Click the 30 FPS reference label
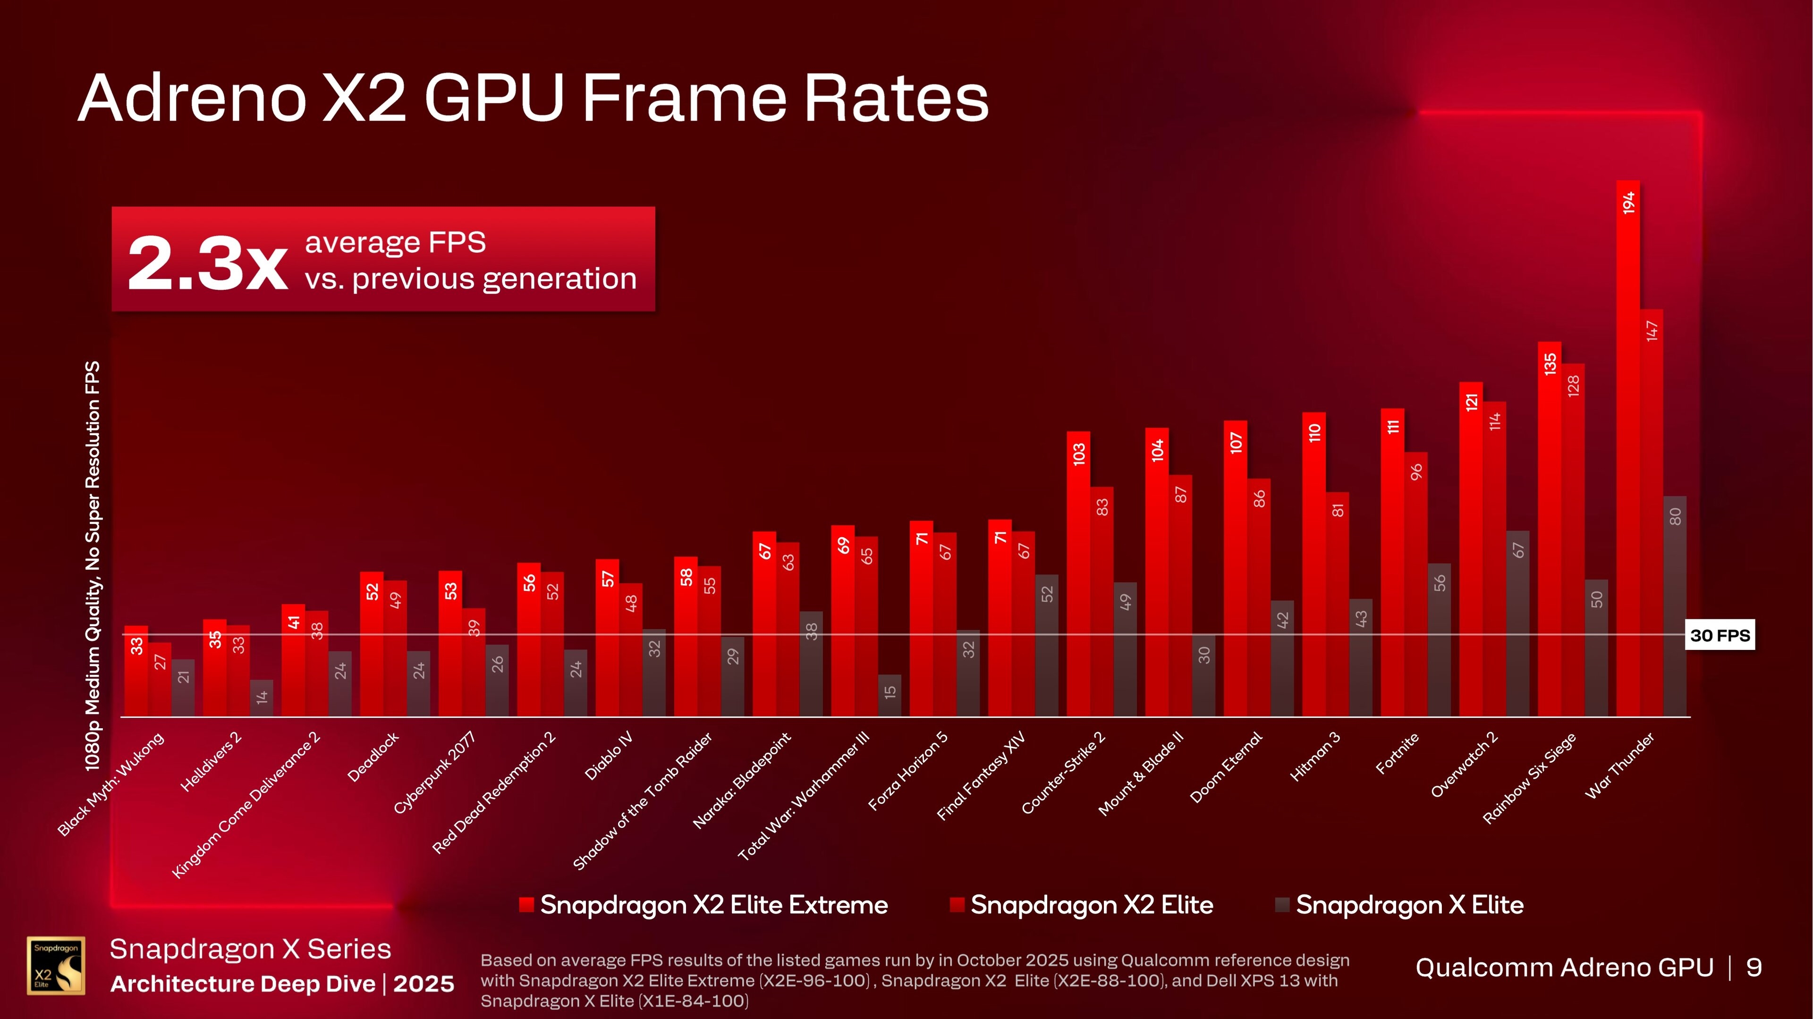(1720, 635)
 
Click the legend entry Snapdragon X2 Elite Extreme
(704, 905)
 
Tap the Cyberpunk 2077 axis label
(434, 773)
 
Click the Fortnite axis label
(1397, 753)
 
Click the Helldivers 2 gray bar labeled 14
(262, 698)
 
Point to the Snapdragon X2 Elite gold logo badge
(56, 966)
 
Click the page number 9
(1754, 968)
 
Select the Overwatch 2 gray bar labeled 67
(1517, 623)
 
